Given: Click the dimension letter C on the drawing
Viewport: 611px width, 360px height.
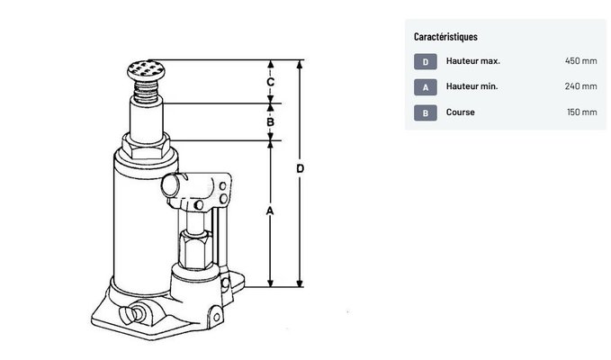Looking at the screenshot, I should point(270,82).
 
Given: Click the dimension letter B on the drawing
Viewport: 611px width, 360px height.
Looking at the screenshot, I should point(270,121).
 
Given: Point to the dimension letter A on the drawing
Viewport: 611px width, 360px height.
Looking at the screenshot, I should point(270,211).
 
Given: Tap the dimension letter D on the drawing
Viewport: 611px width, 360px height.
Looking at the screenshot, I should point(301,169).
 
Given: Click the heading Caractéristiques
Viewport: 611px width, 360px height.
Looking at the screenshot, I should point(445,37).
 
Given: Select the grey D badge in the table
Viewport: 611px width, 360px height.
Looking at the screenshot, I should point(425,61).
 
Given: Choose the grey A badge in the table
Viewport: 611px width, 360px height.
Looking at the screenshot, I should point(425,87).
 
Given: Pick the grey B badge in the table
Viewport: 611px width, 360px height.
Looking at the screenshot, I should point(425,112).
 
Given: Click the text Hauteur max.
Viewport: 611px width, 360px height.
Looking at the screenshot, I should point(472,61).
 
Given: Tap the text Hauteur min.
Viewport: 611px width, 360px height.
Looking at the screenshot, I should point(472,87).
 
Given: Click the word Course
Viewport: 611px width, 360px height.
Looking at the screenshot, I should point(460,112).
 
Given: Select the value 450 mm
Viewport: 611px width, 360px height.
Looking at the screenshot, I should point(580,61).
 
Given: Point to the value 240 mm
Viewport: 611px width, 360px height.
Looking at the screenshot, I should point(580,87).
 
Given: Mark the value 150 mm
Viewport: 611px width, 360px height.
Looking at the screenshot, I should point(580,112).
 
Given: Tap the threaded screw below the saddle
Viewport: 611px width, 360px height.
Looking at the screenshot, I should point(146,88).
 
